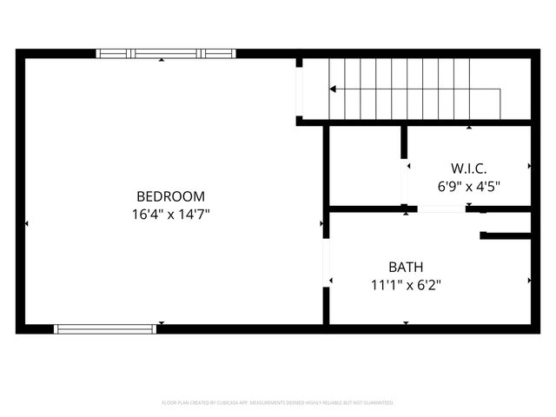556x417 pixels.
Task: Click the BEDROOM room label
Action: click(x=170, y=195)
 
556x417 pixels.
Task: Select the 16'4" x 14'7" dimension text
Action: click(x=170, y=213)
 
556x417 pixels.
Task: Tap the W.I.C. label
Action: click(x=468, y=168)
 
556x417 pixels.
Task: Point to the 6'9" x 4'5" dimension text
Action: click(x=468, y=185)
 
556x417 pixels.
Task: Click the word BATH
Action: click(x=406, y=267)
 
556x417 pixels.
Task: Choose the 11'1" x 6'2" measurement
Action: click(x=406, y=284)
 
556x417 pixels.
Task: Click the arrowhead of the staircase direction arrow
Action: click(x=333, y=89)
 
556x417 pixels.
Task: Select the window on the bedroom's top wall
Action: click(x=165, y=54)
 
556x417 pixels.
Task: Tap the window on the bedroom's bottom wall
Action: click(x=105, y=329)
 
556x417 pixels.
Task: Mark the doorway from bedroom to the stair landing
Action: click(x=299, y=91)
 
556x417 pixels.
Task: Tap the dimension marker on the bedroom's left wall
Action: click(x=26, y=223)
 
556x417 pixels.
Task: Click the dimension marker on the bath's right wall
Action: click(x=529, y=281)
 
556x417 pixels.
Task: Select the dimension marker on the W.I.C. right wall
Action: click(x=529, y=165)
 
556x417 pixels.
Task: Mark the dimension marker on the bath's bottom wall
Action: click(x=406, y=323)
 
